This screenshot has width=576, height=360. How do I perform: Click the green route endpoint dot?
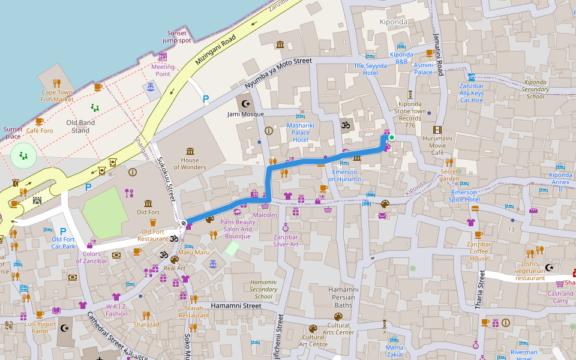point(392,137)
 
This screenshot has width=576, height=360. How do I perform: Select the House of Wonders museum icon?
point(190,151)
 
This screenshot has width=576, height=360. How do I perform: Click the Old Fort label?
point(148,212)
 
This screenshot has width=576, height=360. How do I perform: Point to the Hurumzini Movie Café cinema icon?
point(437,130)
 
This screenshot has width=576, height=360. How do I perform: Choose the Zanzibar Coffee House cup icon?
point(478,235)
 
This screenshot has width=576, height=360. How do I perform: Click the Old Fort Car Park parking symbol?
point(63,231)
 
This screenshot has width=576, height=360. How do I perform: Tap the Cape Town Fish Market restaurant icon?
point(57,83)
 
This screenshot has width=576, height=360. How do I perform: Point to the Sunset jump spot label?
point(176,37)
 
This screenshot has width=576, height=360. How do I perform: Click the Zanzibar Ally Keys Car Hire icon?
point(472,77)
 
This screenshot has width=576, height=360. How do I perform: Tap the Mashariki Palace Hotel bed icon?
point(300,116)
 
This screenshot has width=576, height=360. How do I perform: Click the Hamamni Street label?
point(236,306)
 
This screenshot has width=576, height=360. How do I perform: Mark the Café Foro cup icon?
point(40,122)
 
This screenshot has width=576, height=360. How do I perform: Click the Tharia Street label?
point(480,289)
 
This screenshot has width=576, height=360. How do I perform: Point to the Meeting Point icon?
point(163,57)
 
